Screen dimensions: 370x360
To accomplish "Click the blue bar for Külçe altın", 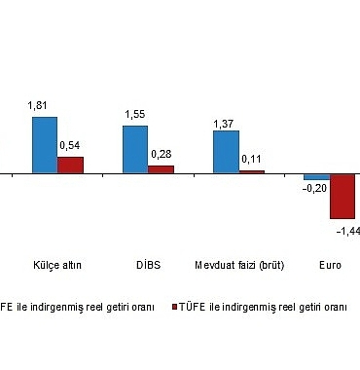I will point(45,144).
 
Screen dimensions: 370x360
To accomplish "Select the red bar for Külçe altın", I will point(70,165).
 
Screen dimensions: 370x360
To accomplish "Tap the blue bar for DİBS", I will point(135,149).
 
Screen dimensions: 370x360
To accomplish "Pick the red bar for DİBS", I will point(161,169).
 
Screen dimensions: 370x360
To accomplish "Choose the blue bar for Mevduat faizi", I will point(226,152).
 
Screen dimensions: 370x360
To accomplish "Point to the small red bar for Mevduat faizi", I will point(251,171).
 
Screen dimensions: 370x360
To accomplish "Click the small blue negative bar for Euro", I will point(316,176).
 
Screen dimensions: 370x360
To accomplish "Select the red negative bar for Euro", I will point(342,197).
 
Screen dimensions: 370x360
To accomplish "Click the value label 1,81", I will point(45,106).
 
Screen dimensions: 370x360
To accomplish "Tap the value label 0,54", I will point(70,146).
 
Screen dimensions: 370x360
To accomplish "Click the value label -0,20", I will point(314,189).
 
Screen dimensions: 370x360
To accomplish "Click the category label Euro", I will point(330,264).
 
